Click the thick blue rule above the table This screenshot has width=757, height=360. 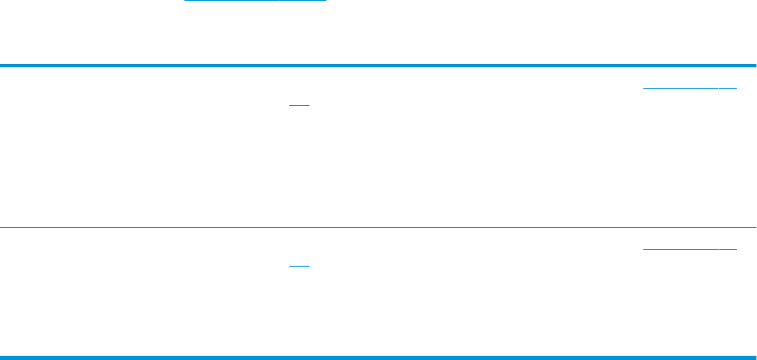(378, 66)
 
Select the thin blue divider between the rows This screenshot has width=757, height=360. (378, 227)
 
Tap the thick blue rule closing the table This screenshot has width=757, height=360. (378, 357)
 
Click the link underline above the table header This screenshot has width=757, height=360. (255, 1)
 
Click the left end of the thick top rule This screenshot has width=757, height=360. (2, 66)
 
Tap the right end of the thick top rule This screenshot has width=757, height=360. (754, 66)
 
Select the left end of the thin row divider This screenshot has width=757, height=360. (2, 227)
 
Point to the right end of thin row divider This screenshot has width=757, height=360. (754, 227)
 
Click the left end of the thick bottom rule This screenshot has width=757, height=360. (2, 357)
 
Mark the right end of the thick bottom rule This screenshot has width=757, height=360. (754, 357)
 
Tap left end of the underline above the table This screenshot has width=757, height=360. (186, 1)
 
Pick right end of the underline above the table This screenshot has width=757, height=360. (325, 1)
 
